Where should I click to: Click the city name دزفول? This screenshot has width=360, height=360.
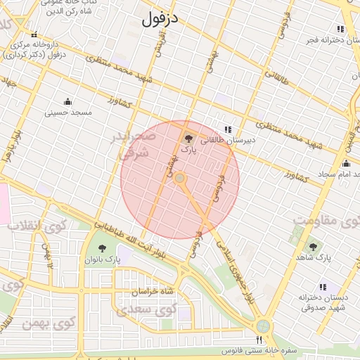pos(161,20)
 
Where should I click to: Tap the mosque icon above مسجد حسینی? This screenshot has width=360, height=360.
pos(67,101)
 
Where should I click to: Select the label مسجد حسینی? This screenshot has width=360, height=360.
pos(68,112)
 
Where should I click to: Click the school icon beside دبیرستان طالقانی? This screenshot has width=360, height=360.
pos(227,129)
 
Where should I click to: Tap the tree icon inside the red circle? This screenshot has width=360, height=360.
pos(188,138)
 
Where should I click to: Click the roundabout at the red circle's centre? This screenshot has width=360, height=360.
pos(179,179)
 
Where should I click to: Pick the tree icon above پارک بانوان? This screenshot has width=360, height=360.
pos(103,247)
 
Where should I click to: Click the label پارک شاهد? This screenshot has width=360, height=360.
pos(313,258)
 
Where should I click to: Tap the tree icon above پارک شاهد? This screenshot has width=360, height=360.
pos(313,247)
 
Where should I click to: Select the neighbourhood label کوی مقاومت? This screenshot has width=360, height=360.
pos(326,222)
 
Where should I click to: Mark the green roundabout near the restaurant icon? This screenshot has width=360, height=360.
pos(263,326)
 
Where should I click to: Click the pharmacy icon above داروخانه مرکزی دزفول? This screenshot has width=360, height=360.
pos(34,35)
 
